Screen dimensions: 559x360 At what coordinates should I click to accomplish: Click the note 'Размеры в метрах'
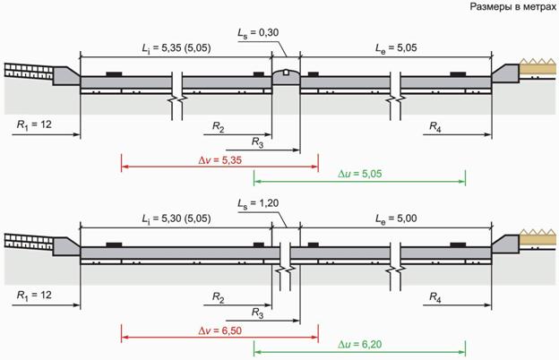point(513,7)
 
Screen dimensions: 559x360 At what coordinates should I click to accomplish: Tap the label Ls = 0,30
point(259,33)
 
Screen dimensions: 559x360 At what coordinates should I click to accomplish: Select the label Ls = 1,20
point(259,203)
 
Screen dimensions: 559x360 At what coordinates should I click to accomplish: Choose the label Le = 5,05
point(396,47)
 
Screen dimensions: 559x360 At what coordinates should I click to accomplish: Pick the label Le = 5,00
point(396,219)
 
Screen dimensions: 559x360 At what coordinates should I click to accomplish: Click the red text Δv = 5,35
point(220,160)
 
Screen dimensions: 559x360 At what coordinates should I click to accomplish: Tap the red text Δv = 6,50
point(220,330)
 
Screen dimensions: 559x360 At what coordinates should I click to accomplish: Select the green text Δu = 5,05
point(360,174)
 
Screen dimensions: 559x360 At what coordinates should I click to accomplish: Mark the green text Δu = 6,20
point(360,344)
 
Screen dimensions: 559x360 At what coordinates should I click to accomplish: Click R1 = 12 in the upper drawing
point(34,124)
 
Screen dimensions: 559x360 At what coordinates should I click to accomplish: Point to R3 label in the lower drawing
point(257,313)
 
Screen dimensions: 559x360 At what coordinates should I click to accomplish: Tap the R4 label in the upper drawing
point(435,126)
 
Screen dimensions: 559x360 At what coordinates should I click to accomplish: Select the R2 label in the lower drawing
point(219,297)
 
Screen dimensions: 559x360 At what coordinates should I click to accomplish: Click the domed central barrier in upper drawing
point(286,77)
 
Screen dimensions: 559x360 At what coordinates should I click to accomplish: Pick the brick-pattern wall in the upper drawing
point(29,71)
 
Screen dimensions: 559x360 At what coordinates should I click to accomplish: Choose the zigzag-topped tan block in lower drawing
point(537,237)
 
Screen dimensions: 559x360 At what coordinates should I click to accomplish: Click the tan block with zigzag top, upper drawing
point(537,66)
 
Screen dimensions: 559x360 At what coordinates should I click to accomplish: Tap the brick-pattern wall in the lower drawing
point(29,241)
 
